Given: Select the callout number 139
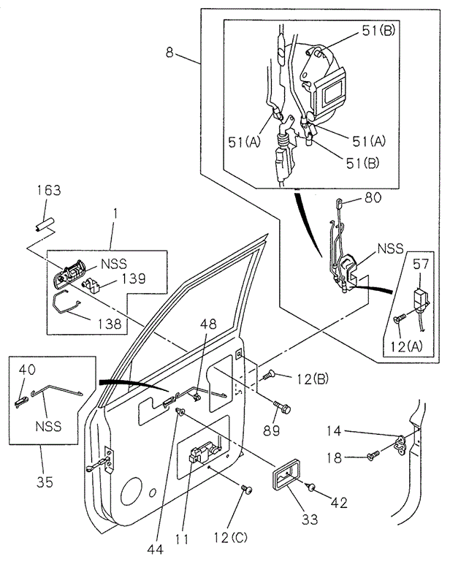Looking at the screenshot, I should click(132, 278).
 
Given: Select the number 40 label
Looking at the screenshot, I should click(27, 370).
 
